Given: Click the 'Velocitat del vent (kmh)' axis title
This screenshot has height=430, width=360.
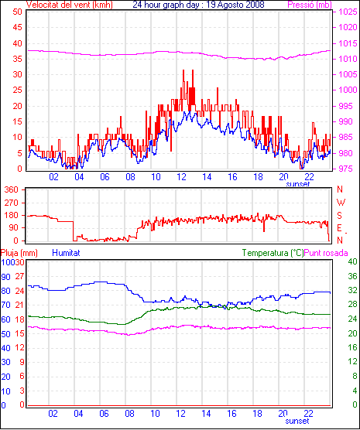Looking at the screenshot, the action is pyautogui.click(x=69, y=5).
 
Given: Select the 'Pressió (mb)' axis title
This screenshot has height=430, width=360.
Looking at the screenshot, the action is pyautogui.click(x=310, y=5).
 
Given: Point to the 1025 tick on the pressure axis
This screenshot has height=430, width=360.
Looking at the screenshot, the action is pyautogui.click(x=348, y=12).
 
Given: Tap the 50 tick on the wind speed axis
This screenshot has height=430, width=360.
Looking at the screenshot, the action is pyautogui.click(x=17, y=12).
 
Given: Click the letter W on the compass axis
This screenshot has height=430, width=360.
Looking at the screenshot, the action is pyautogui.click(x=341, y=203).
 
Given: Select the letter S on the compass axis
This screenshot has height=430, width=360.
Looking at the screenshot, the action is pyautogui.click(x=339, y=216).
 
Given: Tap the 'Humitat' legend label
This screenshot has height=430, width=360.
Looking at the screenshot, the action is pyautogui.click(x=66, y=253).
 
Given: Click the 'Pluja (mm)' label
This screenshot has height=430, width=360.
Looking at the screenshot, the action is pyautogui.click(x=19, y=253).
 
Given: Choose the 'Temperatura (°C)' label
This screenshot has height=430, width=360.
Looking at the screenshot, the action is pyautogui.click(x=273, y=253).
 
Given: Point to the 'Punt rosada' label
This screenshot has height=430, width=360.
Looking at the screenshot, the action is pyautogui.click(x=326, y=253).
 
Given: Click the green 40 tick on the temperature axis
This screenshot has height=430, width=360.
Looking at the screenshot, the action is pyautogui.click(x=352, y=261).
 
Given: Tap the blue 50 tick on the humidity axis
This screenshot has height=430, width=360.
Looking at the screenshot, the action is pyautogui.click(x=5, y=334).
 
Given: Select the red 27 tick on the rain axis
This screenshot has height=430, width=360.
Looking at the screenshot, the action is pyautogui.click(x=19, y=276).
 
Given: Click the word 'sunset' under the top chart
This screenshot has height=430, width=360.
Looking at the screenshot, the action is pyautogui.click(x=297, y=184).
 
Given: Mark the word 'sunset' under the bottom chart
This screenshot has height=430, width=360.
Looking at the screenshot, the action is pyautogui.click(x=297, y=421).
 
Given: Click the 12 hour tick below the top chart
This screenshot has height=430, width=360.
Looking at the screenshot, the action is pyautogui.click(x=181, y=177).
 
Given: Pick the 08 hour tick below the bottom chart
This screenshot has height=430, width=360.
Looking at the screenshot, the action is pyautogui.click(x=129, y=413).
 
